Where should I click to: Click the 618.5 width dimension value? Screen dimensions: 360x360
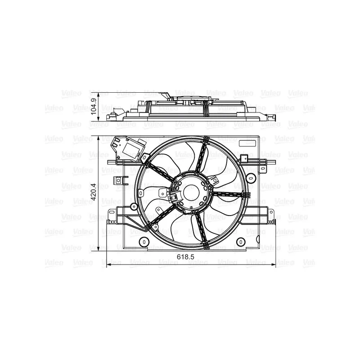(185, 256)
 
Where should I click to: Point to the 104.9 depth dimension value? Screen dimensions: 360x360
(93, 107)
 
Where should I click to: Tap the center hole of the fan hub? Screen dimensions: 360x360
(191, 193)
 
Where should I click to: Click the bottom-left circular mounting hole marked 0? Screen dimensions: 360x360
(144, 242)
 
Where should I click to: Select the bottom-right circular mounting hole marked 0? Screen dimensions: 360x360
(241, 242)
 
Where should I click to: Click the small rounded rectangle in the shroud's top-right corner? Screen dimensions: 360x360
(247, 143)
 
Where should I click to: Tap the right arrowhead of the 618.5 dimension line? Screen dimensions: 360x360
(273, 265)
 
